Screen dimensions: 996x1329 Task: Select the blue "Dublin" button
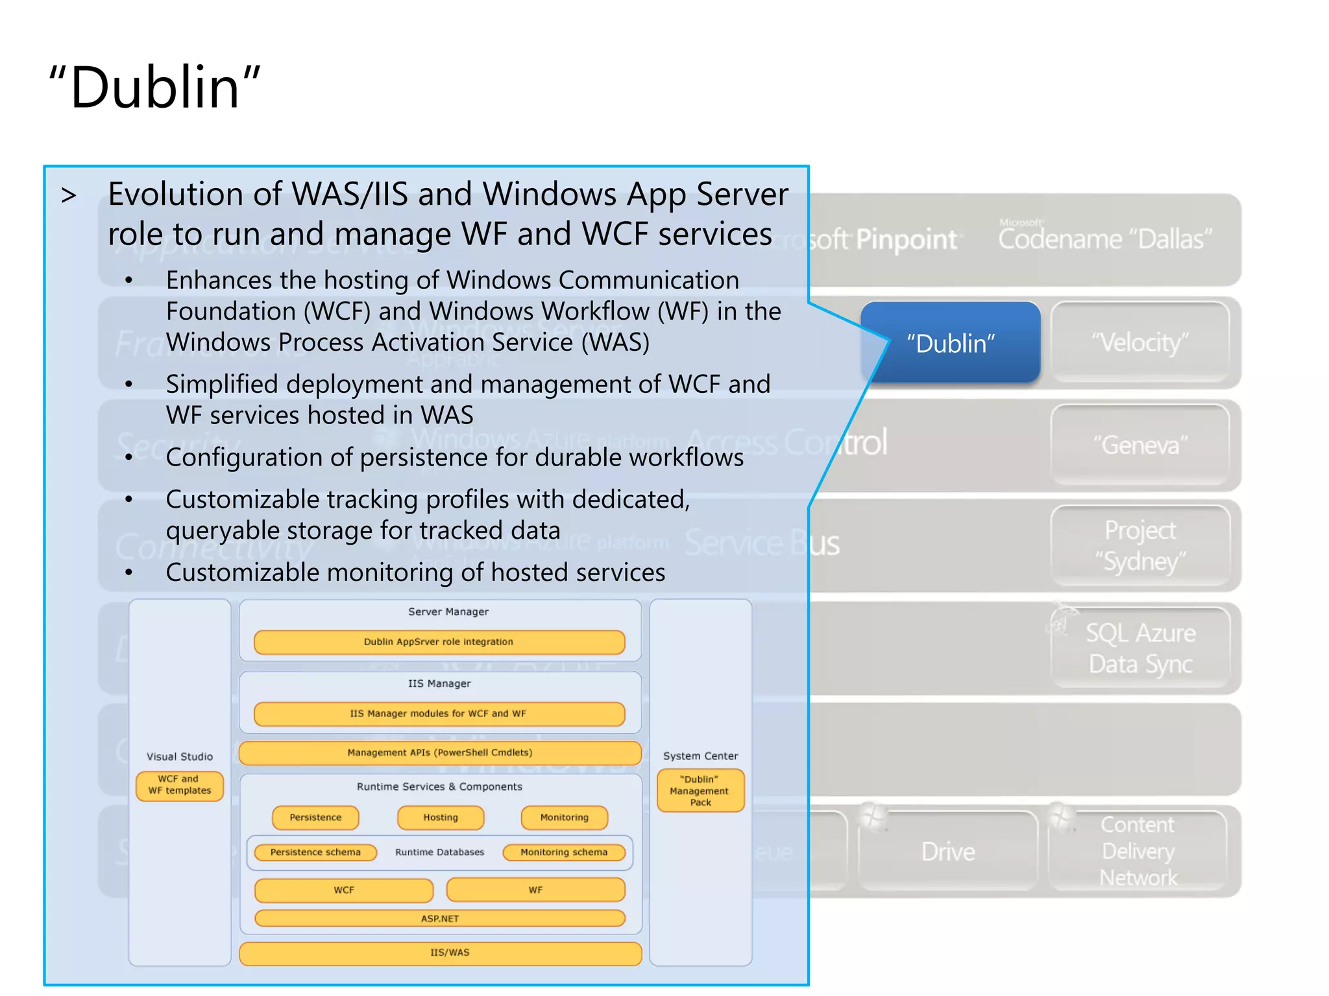coord(951,343)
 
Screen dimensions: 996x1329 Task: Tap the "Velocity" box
coord(1140,342)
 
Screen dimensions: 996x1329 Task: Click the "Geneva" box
coord(1140,445)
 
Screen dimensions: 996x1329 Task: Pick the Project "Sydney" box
coord(1140,545)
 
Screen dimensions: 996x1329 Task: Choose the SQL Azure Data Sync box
coord(1140,648)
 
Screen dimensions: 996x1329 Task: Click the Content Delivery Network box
coord(1138,851)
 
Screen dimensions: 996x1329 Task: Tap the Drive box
coord(947,851)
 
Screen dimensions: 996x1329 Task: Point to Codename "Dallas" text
coord(1104,239)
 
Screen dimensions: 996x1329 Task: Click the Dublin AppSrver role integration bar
coord(439,642)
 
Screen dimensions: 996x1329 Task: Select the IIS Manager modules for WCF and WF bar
coord(439,713)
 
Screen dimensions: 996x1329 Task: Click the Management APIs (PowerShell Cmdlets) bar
coord(440,753)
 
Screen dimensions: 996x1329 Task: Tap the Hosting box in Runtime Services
coord(441,818)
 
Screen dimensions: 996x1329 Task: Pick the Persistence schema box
coord(315,852)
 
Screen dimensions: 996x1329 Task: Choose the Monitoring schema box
coord(564,852)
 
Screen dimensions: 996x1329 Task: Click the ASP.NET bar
coord(440,918)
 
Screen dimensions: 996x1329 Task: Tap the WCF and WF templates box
coord(180,785)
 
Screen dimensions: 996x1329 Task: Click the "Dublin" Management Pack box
coord(700,790)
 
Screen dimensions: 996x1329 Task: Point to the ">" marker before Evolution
coord(69,195)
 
